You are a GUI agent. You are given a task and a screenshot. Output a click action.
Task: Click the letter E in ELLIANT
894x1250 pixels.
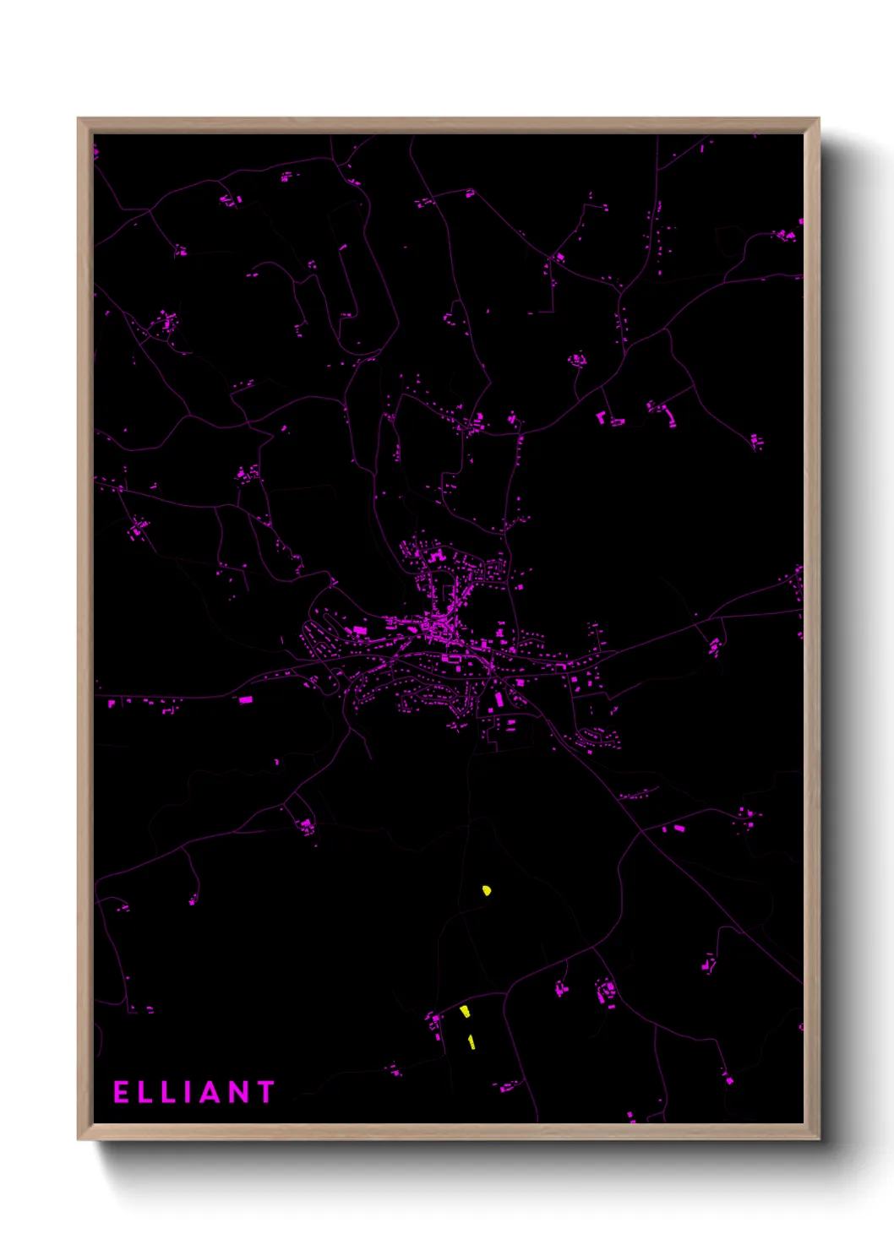121,1092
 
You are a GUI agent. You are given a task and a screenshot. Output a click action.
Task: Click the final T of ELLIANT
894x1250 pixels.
266,1092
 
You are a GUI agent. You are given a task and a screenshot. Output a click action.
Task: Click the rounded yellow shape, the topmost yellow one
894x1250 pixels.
487,889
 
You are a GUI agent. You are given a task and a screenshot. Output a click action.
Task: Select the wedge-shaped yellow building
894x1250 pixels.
465,1011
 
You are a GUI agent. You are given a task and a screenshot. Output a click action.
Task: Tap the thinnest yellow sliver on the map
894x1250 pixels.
472,1042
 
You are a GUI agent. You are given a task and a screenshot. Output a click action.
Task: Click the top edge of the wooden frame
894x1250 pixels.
448,125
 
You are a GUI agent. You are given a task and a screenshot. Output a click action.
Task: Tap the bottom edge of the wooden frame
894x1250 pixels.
448,1132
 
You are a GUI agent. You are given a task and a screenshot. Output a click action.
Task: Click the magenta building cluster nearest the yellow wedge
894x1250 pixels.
436,1024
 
